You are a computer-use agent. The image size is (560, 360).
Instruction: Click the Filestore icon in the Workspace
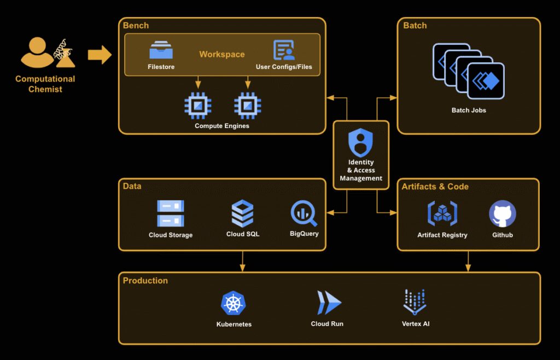click(161, 50)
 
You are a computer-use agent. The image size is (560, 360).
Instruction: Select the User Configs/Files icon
click(284, 50)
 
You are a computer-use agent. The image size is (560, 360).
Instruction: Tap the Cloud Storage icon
click(171, 213)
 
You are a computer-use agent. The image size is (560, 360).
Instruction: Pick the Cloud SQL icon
click(242, 213)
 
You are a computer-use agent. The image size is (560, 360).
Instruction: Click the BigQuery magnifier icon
click(304, 214)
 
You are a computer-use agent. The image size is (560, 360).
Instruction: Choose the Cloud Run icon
click(328, 303)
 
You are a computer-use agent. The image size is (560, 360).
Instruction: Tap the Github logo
click(502, 214)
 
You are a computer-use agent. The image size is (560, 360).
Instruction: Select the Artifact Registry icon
click(442, 214)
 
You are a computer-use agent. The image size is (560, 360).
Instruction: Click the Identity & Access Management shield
click(360, 143)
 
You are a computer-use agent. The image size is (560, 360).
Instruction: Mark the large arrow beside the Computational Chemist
click(100, 55)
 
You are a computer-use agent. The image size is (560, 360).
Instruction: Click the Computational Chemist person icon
click(37, 53)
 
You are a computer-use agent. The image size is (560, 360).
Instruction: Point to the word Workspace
click(222, 54)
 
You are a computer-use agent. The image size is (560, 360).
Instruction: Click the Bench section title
click(136, 25)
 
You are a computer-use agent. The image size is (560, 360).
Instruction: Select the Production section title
click(145, 281)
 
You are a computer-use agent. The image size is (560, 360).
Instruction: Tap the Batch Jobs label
click(469, 110)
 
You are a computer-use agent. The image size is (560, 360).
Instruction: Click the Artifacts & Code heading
click(435, 187)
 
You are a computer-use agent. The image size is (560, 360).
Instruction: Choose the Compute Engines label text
click(222, 126)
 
